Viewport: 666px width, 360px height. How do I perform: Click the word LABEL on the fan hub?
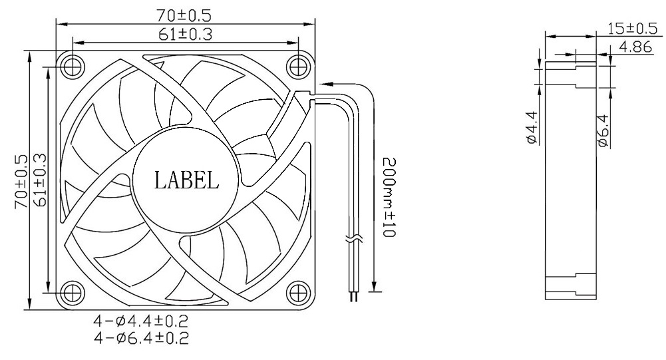click(186, 180)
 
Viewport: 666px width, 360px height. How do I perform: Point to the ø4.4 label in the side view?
click(531, 128)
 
